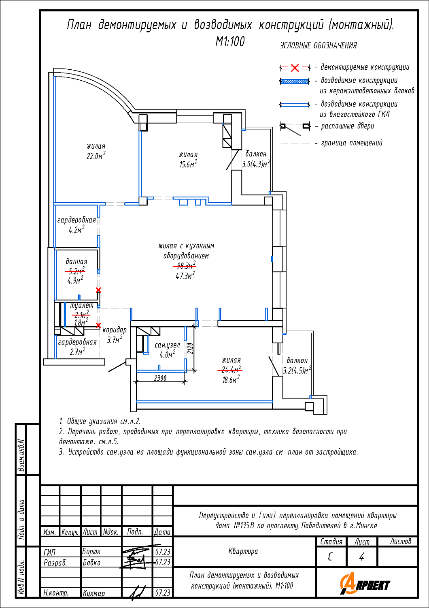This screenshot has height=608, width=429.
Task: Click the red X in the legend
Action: point(295,68)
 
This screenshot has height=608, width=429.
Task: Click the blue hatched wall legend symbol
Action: point(295,81)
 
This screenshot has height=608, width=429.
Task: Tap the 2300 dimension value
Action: point(160,378)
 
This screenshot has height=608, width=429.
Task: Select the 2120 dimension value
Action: point(191,349)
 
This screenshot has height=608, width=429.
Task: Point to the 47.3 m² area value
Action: point(185,276)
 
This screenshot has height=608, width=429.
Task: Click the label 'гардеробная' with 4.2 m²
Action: point(76,220)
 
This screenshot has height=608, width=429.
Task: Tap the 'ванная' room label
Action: point(76,262)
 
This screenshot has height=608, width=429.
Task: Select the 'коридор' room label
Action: point(115,330)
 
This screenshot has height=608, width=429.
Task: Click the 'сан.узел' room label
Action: point(167,345)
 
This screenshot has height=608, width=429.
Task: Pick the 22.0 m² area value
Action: point(96,156)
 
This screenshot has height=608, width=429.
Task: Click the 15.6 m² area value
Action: point(188,164)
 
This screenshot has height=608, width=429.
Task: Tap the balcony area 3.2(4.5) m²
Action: point(297,370)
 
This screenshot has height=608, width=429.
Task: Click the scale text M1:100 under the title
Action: point(230,42)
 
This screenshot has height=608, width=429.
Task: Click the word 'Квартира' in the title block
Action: point(243,551)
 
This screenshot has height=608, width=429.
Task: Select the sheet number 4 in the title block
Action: point(362,557)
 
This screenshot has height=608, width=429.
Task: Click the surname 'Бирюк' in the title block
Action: point(91,552)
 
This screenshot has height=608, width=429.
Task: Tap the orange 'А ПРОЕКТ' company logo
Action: point(365,584)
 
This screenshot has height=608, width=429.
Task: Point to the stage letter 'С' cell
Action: point(330,557)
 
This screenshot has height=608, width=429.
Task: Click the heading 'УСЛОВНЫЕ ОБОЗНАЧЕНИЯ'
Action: point(319,46)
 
